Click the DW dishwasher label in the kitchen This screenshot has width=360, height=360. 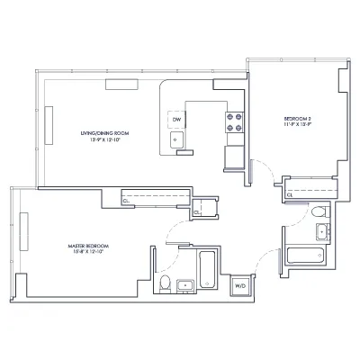click(177, 120)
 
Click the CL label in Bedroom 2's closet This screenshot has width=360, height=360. click(289, 193)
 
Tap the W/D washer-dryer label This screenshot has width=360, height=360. click(240, 285)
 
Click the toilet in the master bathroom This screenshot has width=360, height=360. click(165, 285)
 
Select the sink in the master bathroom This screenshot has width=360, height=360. click(187, 286)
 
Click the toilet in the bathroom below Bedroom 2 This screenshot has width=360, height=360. click(319, 212)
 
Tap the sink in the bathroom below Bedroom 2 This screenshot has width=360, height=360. click(320, 232)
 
